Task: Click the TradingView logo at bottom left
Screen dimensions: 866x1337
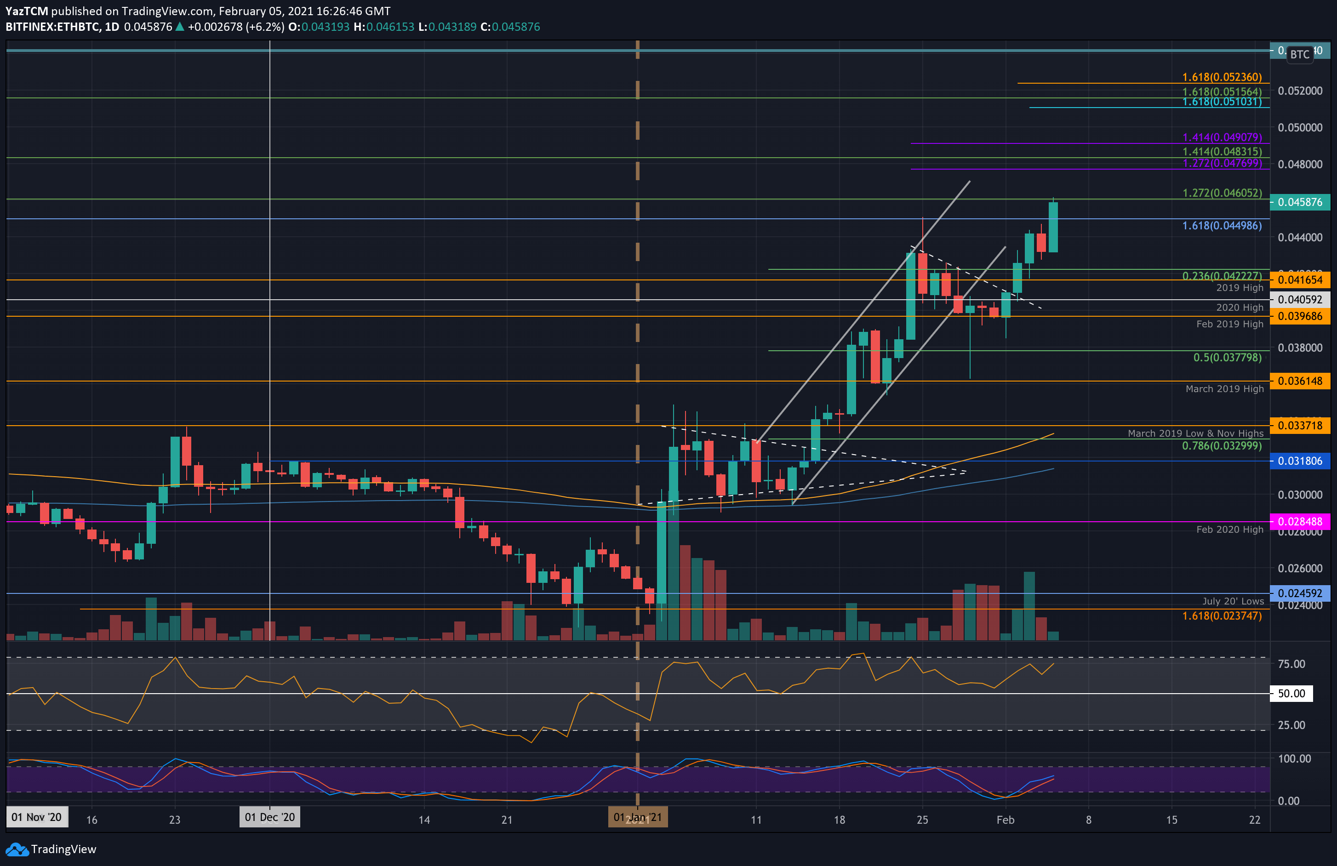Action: pos(51,849)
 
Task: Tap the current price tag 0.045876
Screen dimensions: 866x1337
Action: pos(1299,202)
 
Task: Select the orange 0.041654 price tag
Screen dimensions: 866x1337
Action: pos(1299,279)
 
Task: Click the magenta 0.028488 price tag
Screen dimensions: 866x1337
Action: pos(1299,521)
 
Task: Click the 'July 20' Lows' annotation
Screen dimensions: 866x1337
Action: pos(1233,601)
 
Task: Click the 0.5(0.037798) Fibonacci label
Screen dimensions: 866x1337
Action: pos(1227,357)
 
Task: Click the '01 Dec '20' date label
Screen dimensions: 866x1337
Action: pos(269,817)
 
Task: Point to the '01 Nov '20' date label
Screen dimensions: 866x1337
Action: pos(36,817)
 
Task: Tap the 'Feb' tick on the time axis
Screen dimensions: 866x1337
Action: pos(1005,820)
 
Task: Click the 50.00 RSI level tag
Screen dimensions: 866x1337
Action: pos(1291,694)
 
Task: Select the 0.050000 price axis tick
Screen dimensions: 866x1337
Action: pos(1299,127)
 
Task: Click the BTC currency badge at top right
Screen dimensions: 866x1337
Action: pos(1299,55)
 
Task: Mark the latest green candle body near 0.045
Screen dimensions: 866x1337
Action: pos(1053,227)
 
